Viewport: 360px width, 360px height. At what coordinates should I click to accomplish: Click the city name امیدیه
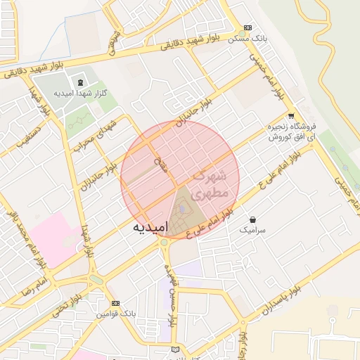(x=150, y=228)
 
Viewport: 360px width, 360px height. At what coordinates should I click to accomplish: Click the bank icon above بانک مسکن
(x=246, y=28)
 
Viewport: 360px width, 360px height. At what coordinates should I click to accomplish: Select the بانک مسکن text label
(x=246, y=39)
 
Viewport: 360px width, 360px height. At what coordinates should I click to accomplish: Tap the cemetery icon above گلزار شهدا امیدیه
(x=78, y=83)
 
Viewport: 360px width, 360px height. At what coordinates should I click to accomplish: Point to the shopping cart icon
(x=291, y=116)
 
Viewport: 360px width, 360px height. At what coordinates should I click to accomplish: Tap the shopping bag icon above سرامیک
(x=252, y=220)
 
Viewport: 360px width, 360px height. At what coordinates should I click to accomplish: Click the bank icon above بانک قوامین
(x=116, y=303)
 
